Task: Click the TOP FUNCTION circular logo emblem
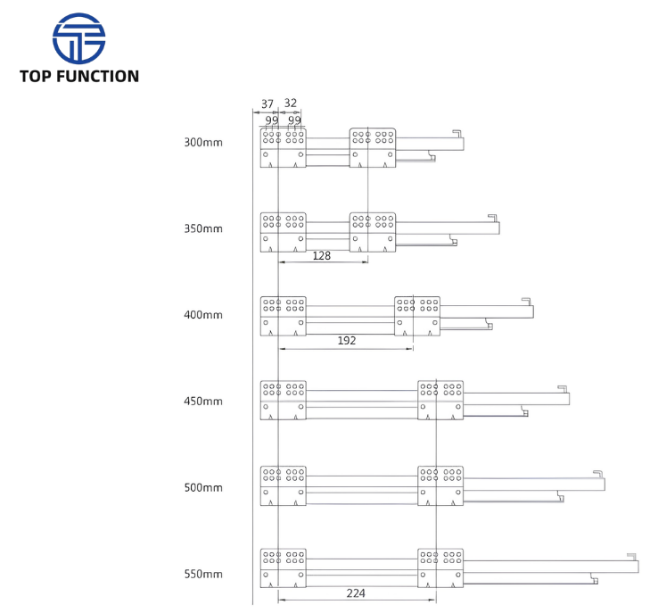[78, 38]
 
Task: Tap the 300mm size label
[203, 142]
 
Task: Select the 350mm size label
[203, 228]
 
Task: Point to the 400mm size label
[203, 315]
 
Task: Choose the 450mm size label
[203, 401]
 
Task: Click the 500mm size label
[203, 487]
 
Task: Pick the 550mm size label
[203, 574]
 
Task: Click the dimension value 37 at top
[267, 104]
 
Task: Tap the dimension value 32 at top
[291, 103]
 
